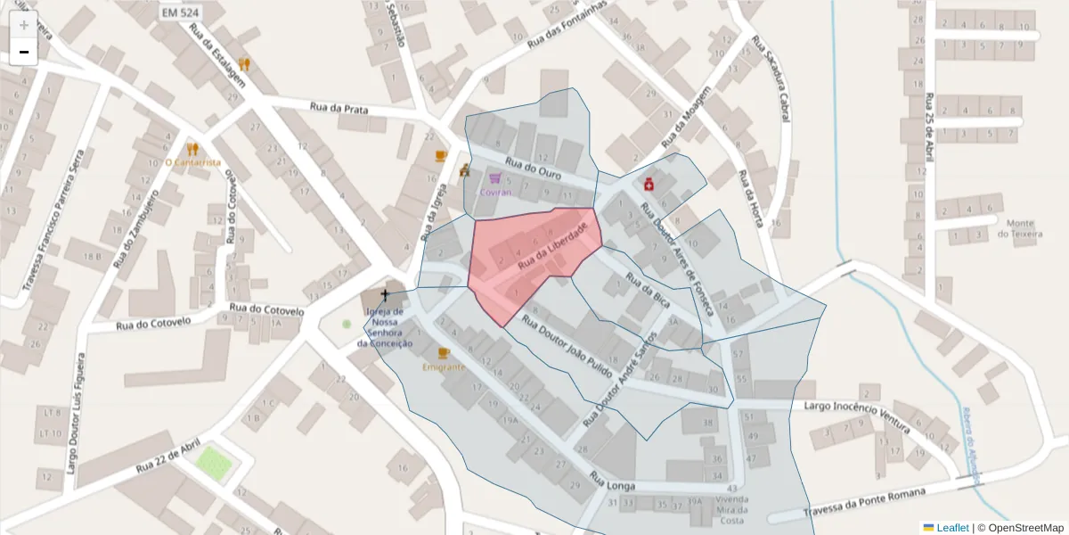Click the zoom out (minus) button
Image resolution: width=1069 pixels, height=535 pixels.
23,53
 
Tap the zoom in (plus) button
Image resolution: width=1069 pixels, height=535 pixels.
23,25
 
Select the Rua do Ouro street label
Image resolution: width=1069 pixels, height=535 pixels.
533,168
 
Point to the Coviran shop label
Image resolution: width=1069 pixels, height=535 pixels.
495,192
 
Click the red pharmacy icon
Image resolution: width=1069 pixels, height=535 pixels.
649,184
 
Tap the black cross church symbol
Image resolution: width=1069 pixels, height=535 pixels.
386,294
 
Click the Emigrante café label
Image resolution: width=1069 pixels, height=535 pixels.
444,366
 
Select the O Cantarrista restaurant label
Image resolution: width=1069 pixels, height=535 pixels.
192,162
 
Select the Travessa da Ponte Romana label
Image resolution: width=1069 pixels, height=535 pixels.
865,501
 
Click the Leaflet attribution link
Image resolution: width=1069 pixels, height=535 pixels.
946,528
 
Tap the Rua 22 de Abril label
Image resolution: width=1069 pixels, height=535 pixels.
168,457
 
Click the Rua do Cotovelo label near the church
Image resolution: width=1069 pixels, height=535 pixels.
266,309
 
